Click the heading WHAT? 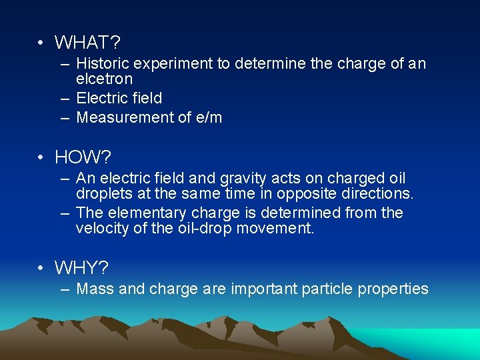[x=87, y=43]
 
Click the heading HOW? [x=83, y=157]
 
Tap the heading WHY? [x=82, y=268]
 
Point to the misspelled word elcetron [x=105, y=79]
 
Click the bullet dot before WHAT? [x=41, y=43]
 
